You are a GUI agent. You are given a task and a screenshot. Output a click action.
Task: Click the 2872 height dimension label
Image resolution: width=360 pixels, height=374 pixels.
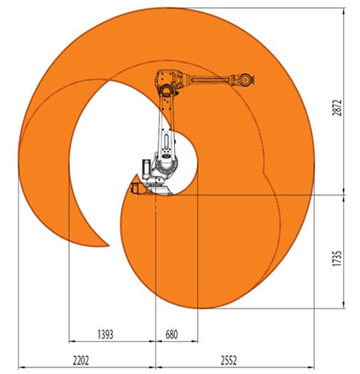tap(337, 108)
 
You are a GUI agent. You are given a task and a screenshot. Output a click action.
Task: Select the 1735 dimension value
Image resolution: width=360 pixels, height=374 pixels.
tap(337, 258)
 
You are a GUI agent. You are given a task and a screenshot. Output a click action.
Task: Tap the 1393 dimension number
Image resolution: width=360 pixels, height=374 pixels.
tap(105, 335)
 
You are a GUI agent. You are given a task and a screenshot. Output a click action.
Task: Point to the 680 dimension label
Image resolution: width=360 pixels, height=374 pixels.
tap(172, 335)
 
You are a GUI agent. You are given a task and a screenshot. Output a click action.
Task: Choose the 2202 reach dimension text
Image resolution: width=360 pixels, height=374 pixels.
tap(81, 360)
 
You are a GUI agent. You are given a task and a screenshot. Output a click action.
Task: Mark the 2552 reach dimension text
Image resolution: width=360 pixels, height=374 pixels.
tap(228, 360)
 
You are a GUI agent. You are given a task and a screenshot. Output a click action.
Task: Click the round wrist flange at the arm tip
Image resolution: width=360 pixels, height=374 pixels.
tap(245, 79)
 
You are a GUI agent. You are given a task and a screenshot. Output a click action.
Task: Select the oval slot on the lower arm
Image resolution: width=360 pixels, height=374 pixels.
tap(166, 142)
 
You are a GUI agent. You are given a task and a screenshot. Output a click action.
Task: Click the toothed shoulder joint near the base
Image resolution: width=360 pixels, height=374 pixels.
tap(167, 167)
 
